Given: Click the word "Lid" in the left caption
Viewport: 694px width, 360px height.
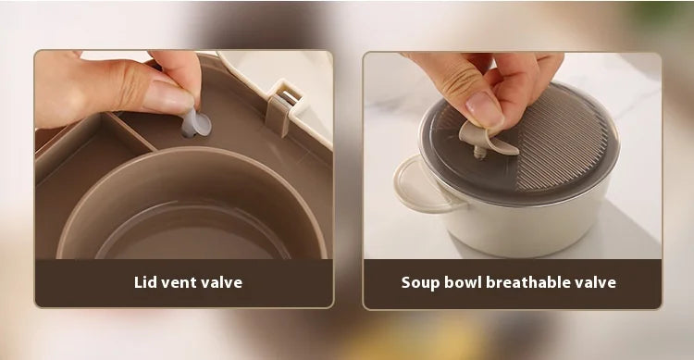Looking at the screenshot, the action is [x=144, y=282].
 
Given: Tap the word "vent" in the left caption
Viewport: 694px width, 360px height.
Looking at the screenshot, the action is [x=180, y=283].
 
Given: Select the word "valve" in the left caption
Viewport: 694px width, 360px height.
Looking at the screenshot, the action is [x=223, y=282].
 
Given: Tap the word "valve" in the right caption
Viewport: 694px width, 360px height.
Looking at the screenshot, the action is [x=596, y=282].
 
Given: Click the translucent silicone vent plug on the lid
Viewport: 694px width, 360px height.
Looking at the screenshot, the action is [x=195, y=123].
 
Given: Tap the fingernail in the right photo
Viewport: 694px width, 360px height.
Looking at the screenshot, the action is [x=484, y=109].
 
